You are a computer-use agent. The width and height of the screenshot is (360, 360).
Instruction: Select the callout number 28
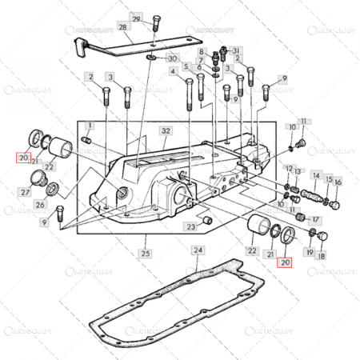tap(122, 27)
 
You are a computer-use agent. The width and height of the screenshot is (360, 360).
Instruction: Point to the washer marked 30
tap(151, 58)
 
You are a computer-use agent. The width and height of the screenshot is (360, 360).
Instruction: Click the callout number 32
tap(166, 130)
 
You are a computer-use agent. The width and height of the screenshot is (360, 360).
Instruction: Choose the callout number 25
tap(144, 254)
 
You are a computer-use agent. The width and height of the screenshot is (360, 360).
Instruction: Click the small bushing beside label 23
tap(206, 218)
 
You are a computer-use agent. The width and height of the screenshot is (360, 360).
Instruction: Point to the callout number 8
tap(203, 50)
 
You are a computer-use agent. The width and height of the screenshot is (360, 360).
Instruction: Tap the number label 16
tap(338, 182)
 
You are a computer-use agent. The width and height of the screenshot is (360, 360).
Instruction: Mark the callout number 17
tap(315, 218)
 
